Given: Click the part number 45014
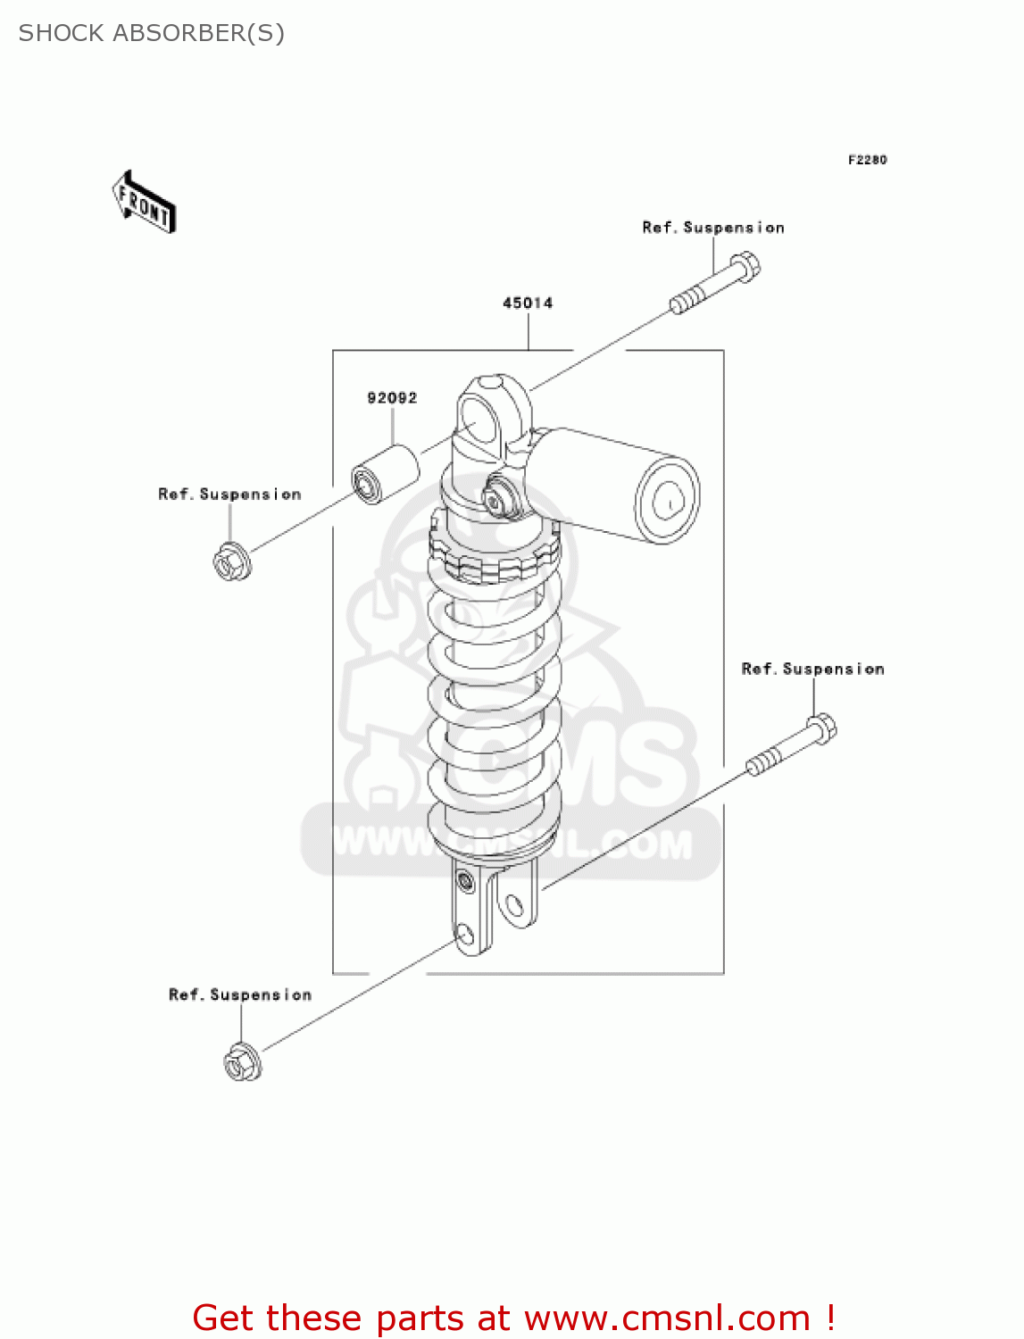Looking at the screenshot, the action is (528, 304).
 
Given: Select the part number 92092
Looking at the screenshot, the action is (392, 398).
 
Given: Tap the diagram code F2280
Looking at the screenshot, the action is (867, 160).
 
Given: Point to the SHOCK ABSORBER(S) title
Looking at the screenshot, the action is (152, 33).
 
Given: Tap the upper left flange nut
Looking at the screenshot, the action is (231, 561).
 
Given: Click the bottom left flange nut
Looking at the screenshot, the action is (241, 1061).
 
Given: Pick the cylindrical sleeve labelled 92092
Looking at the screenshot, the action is (384, 474).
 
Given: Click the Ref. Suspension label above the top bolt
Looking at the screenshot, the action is (713, 228).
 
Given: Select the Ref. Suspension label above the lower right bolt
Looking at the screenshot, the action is (812, 669).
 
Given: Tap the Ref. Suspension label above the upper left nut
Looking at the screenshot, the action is (229, 495).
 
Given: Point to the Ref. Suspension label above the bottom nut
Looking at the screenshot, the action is (240, 995).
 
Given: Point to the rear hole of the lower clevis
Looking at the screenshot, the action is (514, 907).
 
